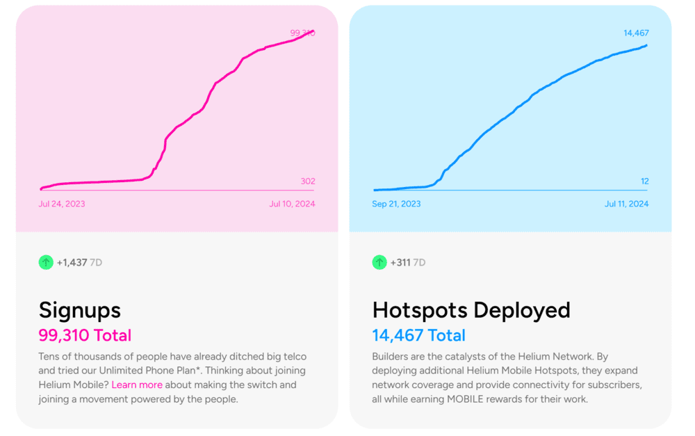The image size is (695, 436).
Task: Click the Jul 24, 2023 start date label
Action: click(62, 204)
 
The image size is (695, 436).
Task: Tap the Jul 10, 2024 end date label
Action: click(292, 204)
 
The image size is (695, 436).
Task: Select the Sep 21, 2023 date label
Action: click(396, 204)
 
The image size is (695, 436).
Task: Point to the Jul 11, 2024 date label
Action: click(626, 204)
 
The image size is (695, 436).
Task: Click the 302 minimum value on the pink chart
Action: click(307, 181)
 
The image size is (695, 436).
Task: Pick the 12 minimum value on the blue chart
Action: click(644, 181)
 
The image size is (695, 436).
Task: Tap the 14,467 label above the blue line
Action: click(636, 33)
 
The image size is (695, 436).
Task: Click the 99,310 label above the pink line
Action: click(302, 33)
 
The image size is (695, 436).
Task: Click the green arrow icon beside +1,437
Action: click(46, 262)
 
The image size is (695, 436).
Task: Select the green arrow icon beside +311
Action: click(379, 262)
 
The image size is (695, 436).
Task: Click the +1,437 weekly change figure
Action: click(72, 262)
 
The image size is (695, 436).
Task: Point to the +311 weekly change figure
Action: click(400, 262)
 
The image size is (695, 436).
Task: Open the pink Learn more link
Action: click(137, 385)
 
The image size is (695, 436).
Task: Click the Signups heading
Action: click(79, 309)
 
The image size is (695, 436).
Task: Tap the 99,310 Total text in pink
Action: click(85, 335)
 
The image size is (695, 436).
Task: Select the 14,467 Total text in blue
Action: click(418, 335)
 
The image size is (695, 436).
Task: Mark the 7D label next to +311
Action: click(420, 262)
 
